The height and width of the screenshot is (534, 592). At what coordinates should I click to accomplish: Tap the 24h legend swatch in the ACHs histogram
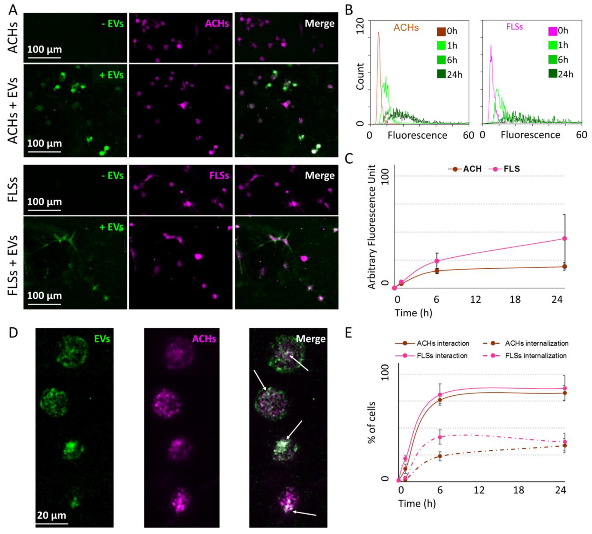point(441,74)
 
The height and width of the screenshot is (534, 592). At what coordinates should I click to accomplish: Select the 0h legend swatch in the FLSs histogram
point(553,31)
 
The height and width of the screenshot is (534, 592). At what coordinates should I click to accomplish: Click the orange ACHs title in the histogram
point(406,28)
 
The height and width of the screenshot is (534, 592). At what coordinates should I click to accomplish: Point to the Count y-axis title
point(360,76)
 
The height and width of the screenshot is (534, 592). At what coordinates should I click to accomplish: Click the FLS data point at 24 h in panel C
point(564,238)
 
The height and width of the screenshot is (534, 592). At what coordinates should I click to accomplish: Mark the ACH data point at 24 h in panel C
point(564,266)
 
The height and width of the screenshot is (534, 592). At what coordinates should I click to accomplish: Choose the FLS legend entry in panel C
point(505,169)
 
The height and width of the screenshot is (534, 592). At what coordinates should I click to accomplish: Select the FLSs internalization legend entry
point(525,356)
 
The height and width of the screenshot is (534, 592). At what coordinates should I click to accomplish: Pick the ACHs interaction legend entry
point(433,343)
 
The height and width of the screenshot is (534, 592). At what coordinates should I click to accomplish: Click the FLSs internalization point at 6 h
point(440,437)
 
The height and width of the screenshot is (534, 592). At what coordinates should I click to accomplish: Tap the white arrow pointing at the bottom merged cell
point(305,513)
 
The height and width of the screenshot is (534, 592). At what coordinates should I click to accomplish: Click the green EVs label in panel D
point(102,339)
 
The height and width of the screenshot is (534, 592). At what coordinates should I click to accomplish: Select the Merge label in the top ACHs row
point(320,24)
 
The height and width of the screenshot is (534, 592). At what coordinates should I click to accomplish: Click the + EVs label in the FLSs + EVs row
point(111,227)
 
